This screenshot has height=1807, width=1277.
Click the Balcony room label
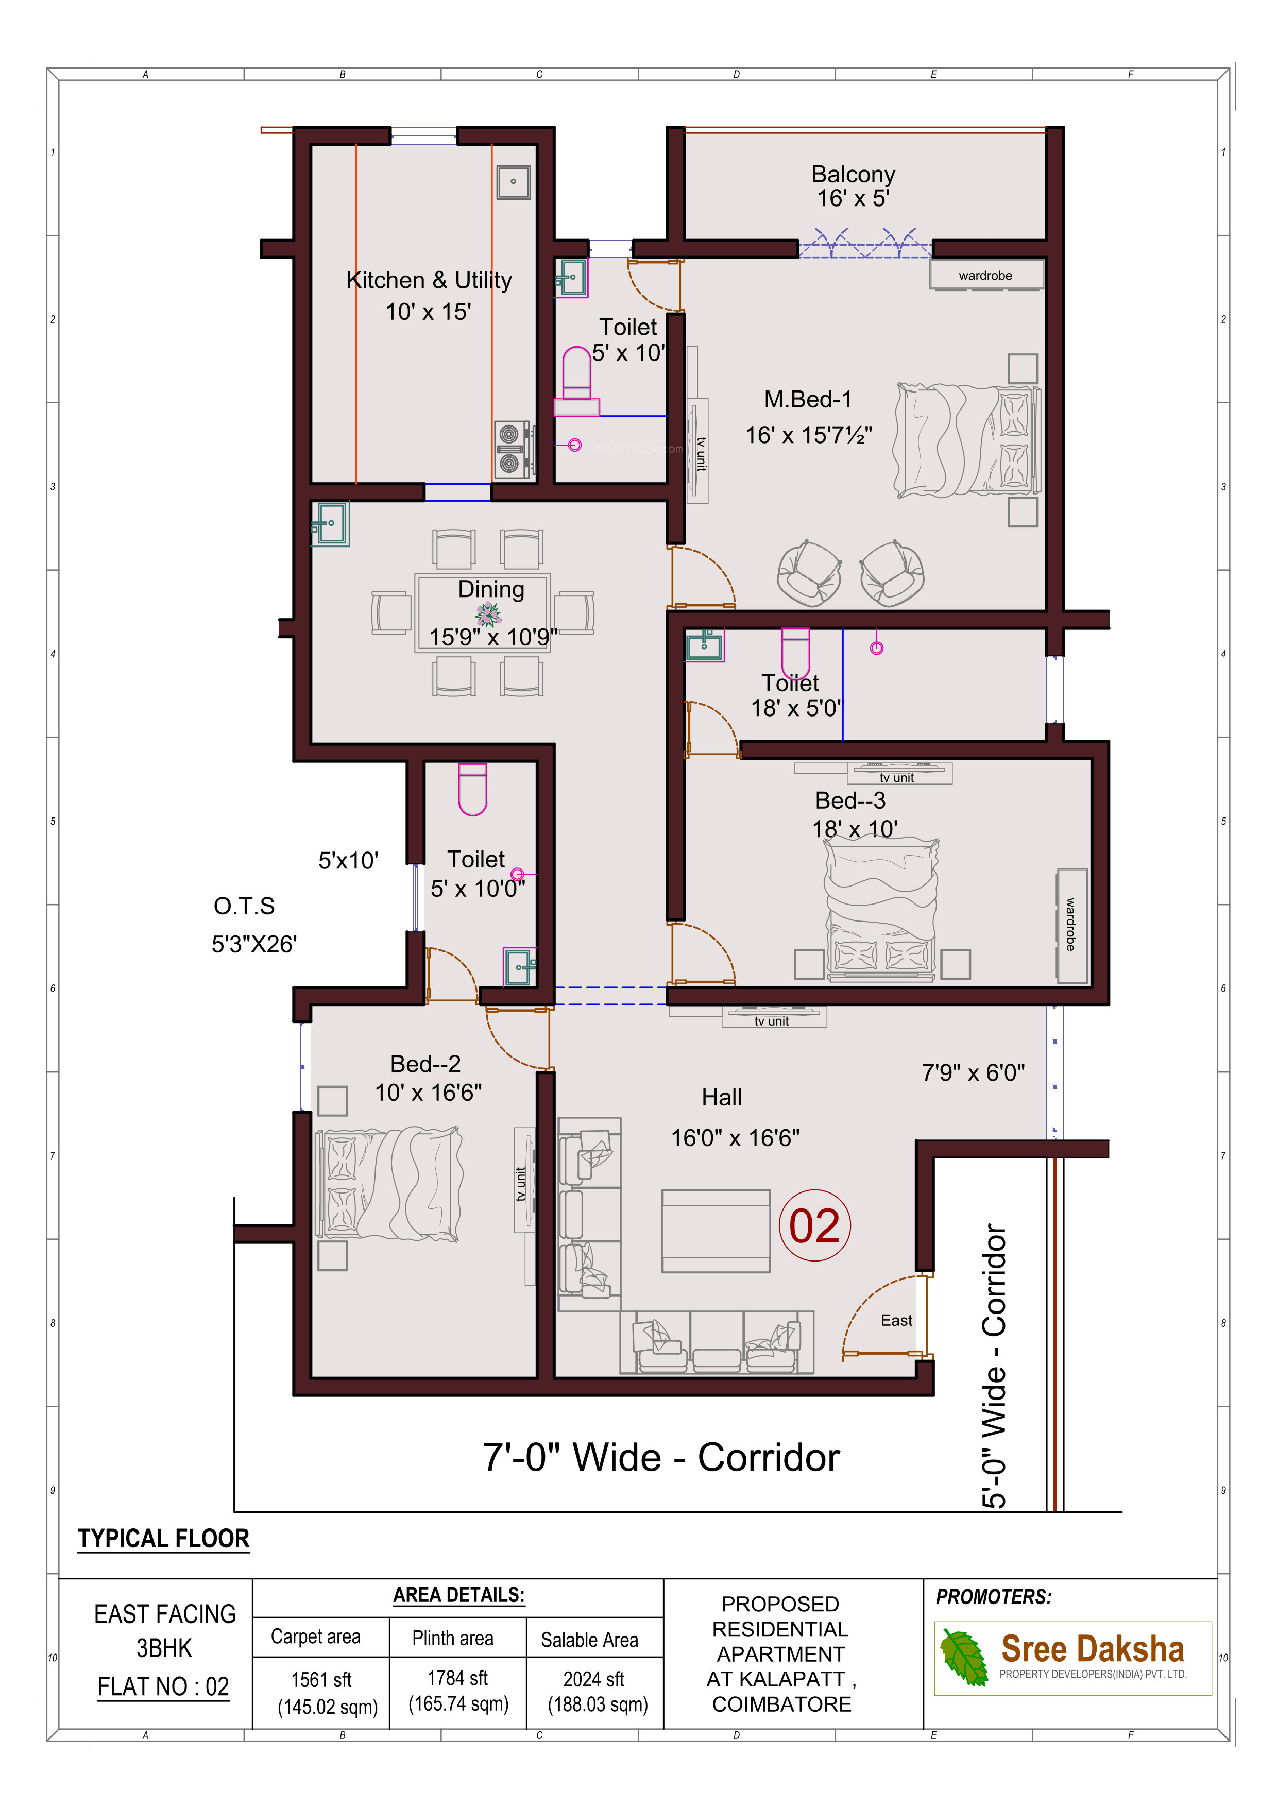853,174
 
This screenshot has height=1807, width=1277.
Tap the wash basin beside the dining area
331,523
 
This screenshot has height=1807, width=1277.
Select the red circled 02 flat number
814,1225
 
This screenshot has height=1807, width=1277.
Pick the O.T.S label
244,906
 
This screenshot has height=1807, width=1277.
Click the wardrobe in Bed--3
1071,926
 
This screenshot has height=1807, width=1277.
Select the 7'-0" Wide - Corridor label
661,1458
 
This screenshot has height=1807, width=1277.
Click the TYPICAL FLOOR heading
164,1539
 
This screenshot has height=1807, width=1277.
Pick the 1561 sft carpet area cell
321,1679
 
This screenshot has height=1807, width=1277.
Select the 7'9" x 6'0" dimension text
973,1072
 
